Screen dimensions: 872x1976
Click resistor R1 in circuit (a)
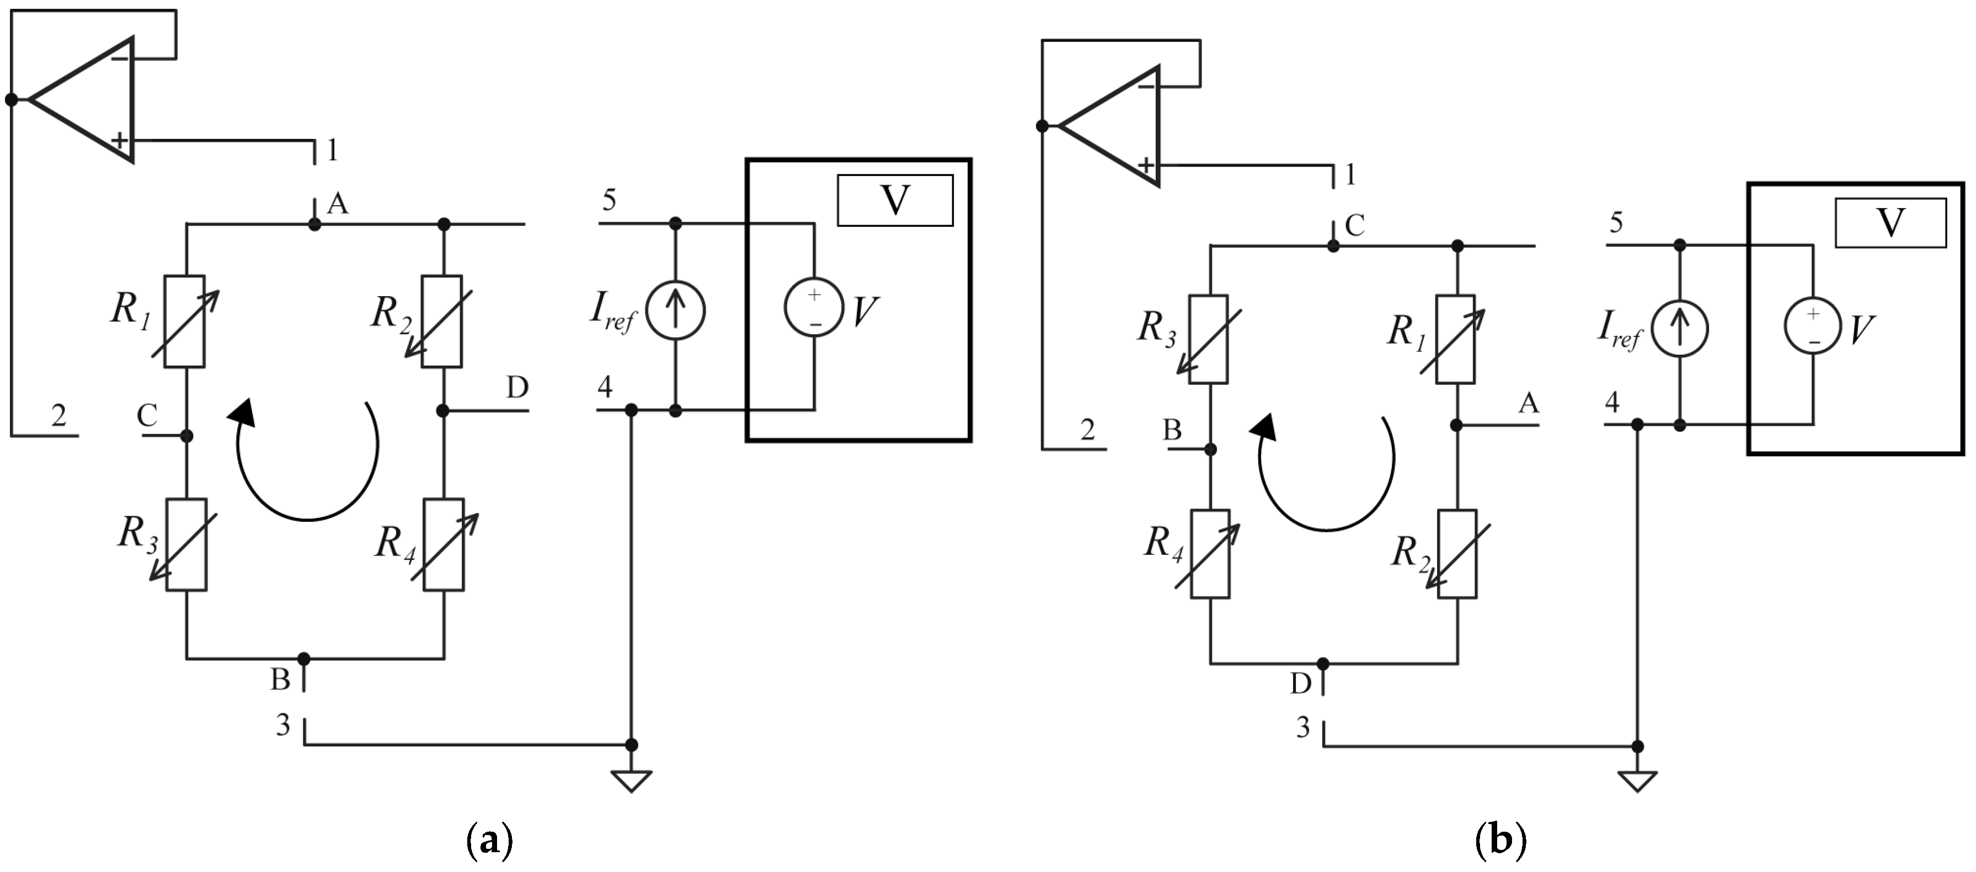186,322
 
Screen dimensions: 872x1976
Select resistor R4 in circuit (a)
444,544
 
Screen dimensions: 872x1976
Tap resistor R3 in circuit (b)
1209,339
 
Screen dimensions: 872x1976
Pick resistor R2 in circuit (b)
1457,554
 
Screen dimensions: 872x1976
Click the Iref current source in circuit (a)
675,311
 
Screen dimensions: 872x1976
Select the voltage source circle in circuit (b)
1813,325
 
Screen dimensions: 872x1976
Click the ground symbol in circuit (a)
631,781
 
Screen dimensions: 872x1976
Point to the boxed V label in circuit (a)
894,200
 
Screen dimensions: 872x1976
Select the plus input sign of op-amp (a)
119,140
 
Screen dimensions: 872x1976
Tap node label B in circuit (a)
280,680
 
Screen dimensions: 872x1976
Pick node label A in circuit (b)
1528,403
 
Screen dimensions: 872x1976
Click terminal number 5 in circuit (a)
609,200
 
